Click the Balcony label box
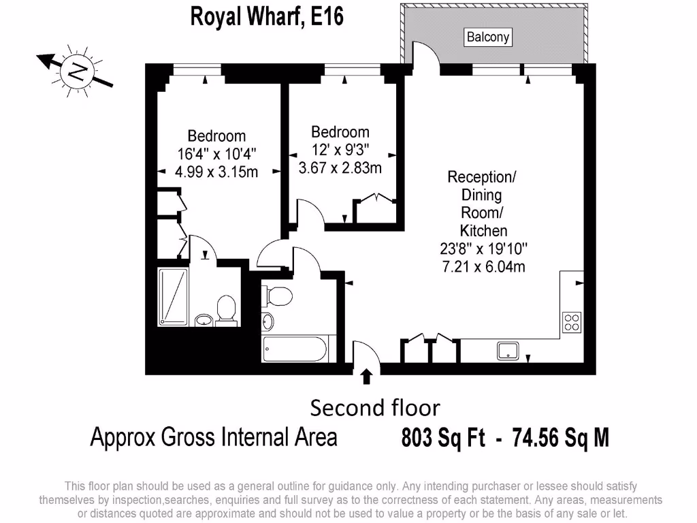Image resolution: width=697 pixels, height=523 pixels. [x=488, y=37]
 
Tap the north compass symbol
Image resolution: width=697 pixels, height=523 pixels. [x=76, y=72]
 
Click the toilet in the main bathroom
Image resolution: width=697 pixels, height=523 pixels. [x=279, y=296]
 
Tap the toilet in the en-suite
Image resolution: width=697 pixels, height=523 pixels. [x=225, y=311]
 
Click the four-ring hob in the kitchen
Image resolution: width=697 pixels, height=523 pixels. [x=571, y=322]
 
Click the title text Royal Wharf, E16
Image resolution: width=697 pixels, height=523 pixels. [x=267, y=16]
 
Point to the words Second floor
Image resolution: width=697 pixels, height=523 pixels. [x=375, y=408]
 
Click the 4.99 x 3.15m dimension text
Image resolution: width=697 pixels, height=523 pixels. [x=216, y=172]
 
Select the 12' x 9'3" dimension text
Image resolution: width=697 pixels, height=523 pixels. [x=340, y=149]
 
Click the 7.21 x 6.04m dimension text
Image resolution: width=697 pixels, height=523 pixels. [x=483, y=266]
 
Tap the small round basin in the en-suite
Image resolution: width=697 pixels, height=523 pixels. [x=202, y=319]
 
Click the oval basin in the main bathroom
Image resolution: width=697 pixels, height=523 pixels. [x=268, y=321]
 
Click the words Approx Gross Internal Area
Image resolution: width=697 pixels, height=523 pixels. [x=214, y=437]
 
